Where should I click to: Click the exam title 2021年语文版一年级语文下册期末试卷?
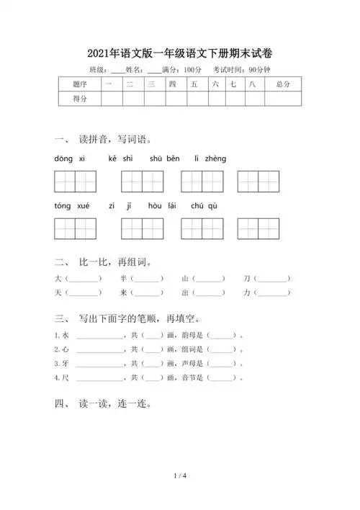point(180,53)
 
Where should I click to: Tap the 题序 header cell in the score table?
point(79,85)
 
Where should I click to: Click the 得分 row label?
point(79,99)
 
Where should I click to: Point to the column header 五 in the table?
point(194,85)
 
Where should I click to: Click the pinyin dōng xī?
point(69,158)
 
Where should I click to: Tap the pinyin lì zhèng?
point(210,158)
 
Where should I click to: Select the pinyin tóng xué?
point(71,206)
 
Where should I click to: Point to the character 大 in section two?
point(58,279)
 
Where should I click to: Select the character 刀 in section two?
point(246,279)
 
